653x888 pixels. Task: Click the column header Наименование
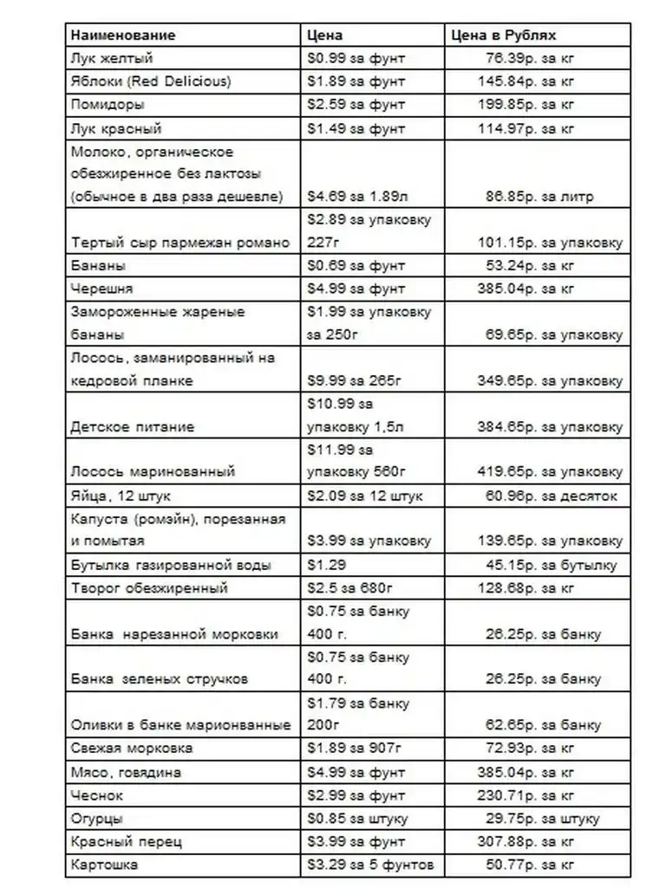point(122,36)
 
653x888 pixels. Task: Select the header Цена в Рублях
point(504,36)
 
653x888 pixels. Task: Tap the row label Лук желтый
point(112,59)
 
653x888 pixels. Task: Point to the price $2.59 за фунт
point(356,105)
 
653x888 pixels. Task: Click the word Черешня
point(101,288)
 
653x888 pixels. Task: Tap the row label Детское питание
point(133,426)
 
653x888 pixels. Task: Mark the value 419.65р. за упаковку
point(550,472)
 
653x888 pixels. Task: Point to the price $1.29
point(326,565)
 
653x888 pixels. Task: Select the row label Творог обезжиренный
point(149,587)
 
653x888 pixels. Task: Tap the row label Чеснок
point(97,794)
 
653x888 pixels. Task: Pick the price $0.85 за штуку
point(357,818)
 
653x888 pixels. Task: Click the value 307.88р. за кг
point(526,841)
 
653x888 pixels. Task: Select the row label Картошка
point(104,864)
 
